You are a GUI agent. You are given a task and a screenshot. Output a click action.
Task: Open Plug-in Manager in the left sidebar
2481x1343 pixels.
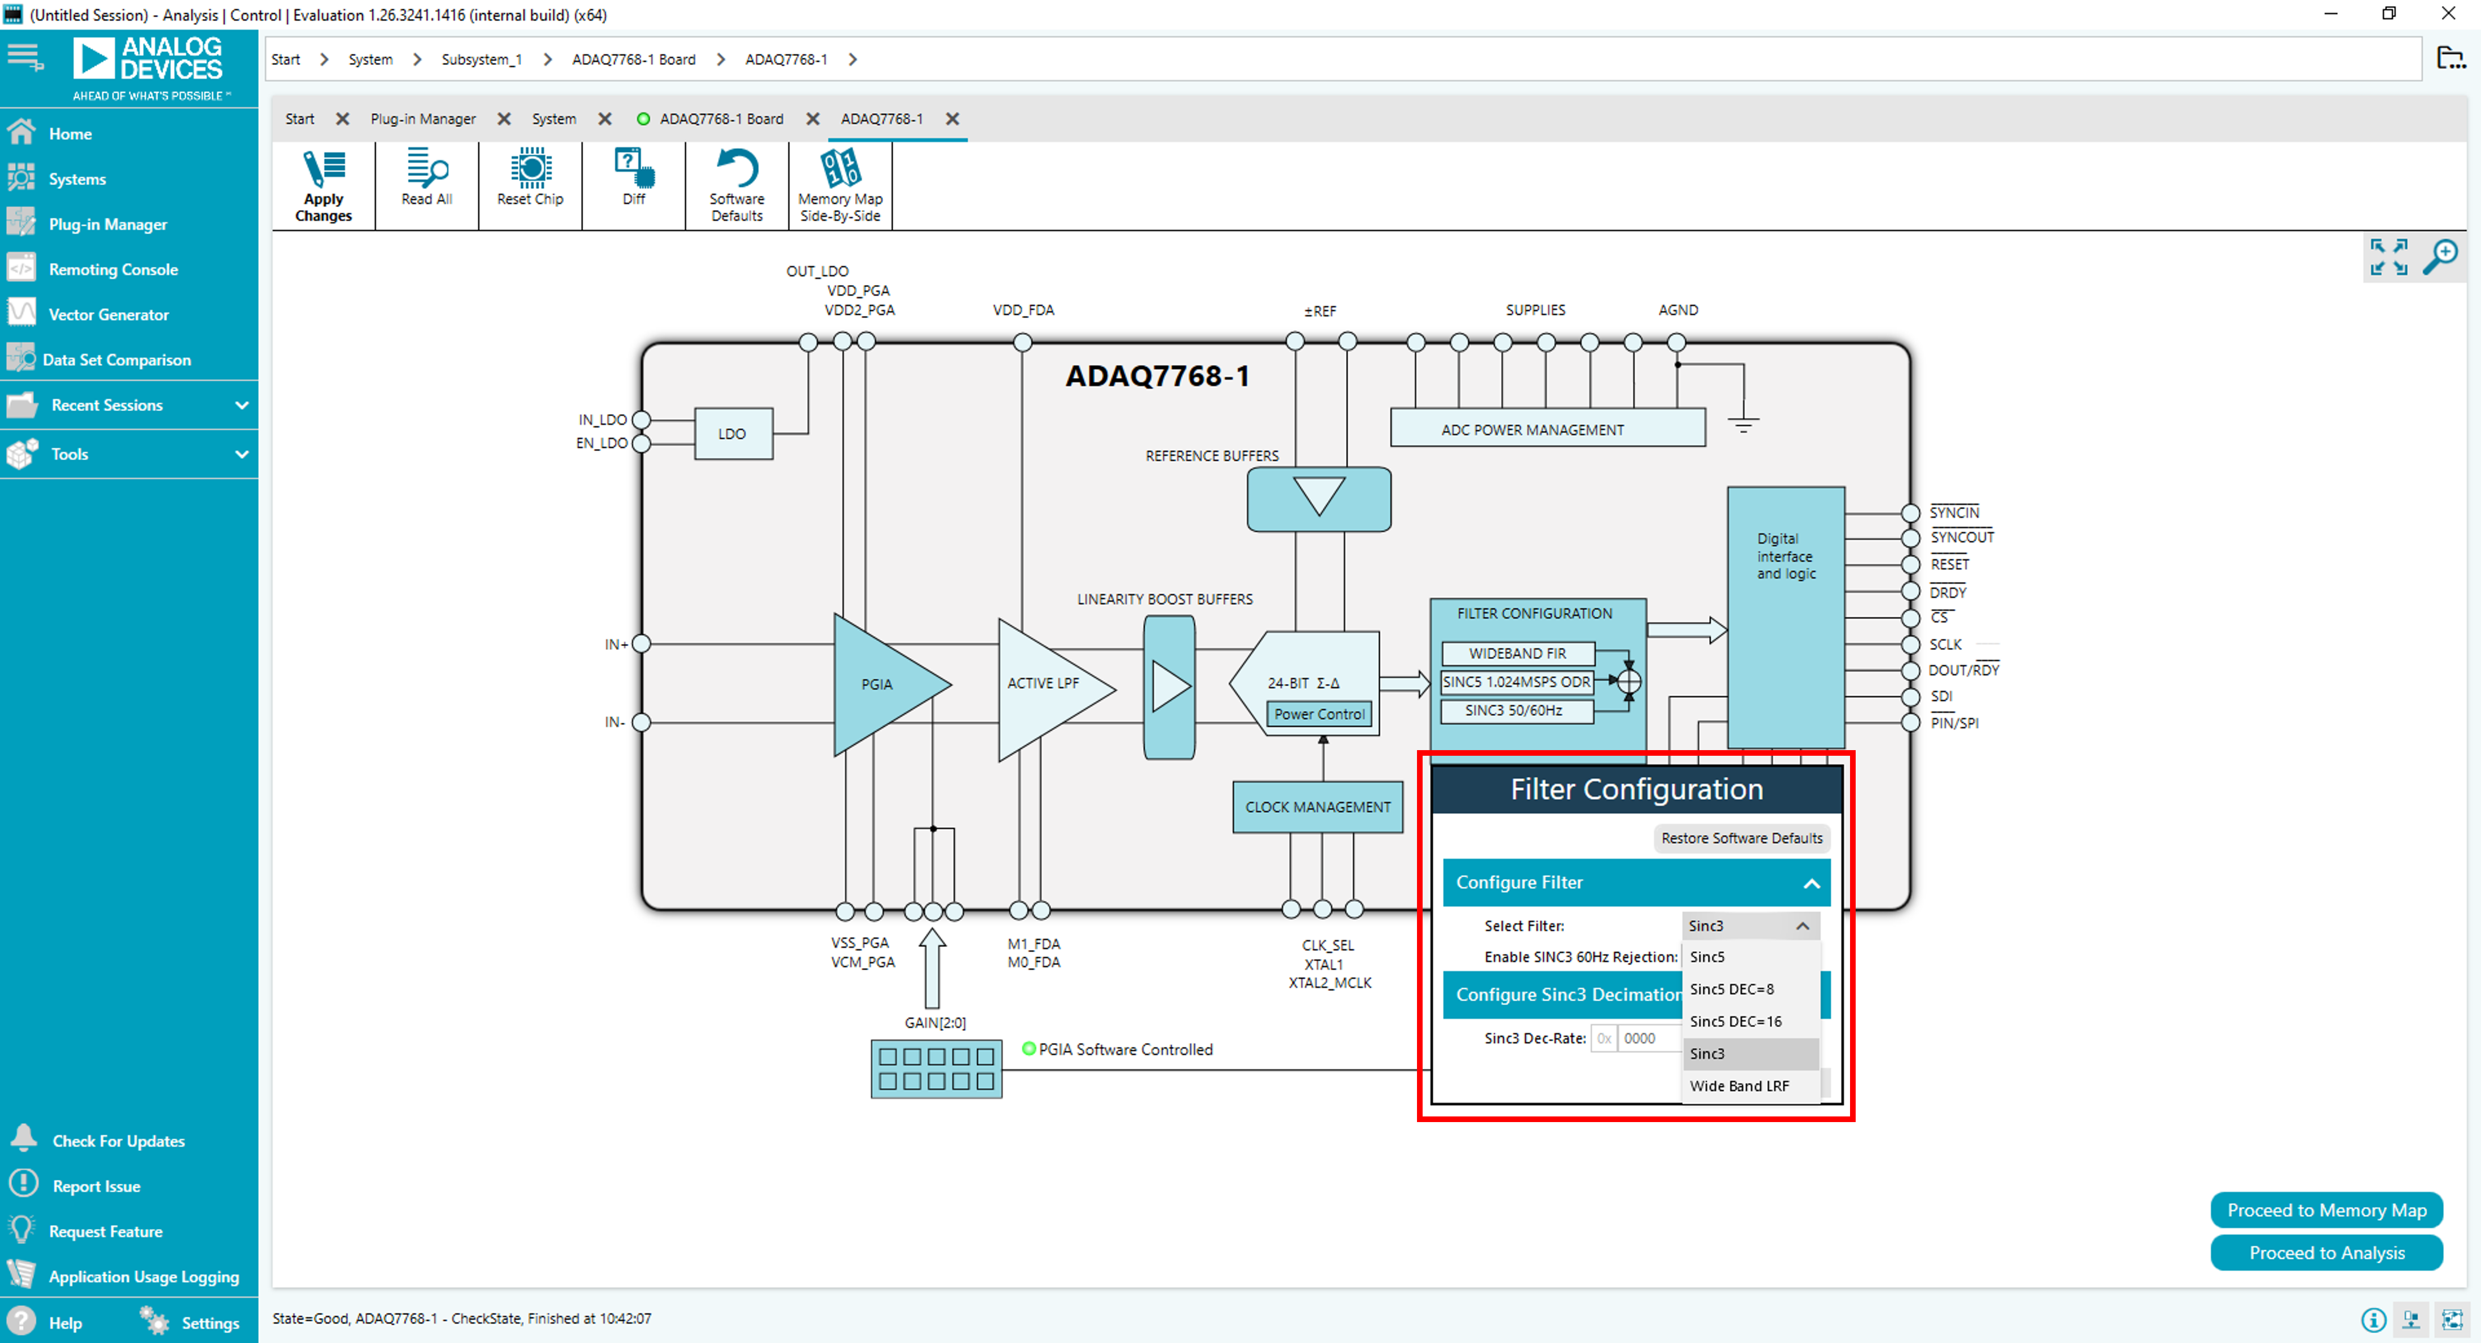tap(108, 224)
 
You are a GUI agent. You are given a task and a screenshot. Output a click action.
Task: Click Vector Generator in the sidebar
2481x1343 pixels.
tap(108, 315)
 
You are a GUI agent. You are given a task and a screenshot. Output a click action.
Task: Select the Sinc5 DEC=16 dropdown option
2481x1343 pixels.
tap(1736, 1021)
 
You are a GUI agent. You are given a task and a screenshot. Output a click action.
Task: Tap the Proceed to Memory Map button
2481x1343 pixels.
tap(2326, 1210)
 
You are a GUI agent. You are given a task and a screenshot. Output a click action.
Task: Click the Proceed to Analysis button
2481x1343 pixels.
tap(2326, 1252)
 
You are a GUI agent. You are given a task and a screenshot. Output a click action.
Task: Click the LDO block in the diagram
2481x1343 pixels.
tap(732, 433)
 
